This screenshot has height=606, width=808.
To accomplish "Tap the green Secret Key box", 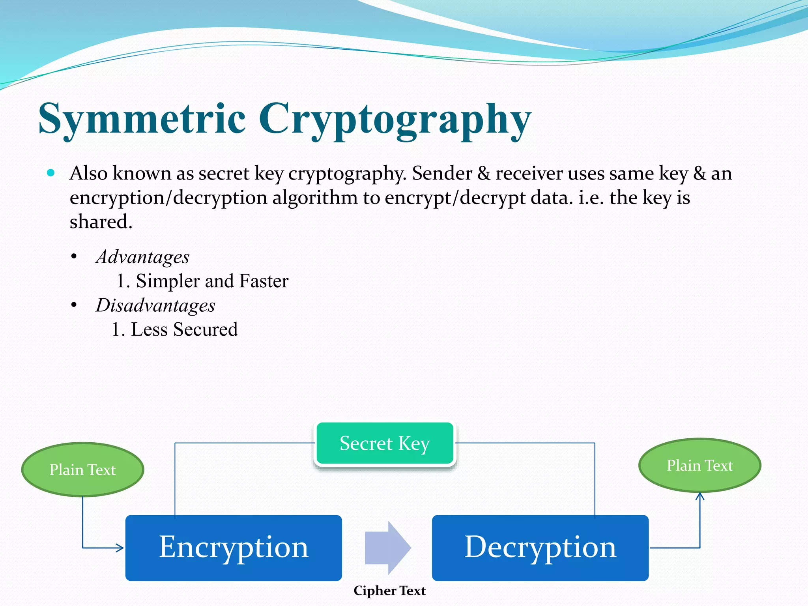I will pos(385,443).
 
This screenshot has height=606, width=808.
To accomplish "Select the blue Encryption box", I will pos(234,548).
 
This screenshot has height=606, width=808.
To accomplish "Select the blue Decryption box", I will pos(540,548).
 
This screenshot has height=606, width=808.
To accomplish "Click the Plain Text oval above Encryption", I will pos(82,469).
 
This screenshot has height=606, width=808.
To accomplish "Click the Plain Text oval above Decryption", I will pos(700,466).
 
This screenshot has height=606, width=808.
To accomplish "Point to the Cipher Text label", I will pos(389,591).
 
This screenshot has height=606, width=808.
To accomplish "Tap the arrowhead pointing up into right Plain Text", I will pos(700,496).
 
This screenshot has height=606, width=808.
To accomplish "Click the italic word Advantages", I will pos(143,257).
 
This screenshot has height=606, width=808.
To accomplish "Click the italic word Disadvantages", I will pos(155,306).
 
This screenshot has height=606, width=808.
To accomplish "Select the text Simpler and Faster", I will pos(212,281).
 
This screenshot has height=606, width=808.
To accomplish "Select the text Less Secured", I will pos(184,330).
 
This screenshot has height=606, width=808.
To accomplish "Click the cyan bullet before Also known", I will pos(50,173).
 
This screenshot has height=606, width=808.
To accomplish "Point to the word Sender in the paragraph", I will pos(442,174).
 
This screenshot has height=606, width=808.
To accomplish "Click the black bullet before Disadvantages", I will pos(74,305).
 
